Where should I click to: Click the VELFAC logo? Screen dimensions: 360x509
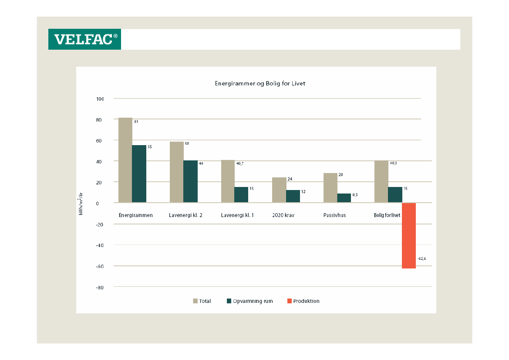point(84,39)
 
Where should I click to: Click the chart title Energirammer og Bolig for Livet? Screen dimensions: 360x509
point(260,83)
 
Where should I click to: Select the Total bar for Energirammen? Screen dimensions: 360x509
point(125,160)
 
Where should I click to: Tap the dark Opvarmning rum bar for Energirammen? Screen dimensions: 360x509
point(139,174)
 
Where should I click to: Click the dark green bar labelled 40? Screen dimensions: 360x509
point(190,181)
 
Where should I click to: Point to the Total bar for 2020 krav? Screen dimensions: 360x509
point(279,190)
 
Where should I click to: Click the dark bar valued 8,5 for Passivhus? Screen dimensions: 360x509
point(344,198)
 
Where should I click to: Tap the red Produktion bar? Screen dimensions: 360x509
point(409,236)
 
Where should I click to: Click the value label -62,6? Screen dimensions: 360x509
point(421,259)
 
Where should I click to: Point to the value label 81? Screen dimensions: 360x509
point(136,122)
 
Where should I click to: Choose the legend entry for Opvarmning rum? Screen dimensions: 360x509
point(250,301)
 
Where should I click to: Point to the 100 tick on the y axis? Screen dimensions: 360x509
point(100,99)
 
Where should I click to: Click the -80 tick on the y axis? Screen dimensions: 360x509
point(100,288)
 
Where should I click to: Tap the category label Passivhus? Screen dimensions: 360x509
point(334,215)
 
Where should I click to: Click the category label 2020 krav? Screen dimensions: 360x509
point(283,215)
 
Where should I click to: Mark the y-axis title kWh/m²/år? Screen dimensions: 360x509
point(81,203)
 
